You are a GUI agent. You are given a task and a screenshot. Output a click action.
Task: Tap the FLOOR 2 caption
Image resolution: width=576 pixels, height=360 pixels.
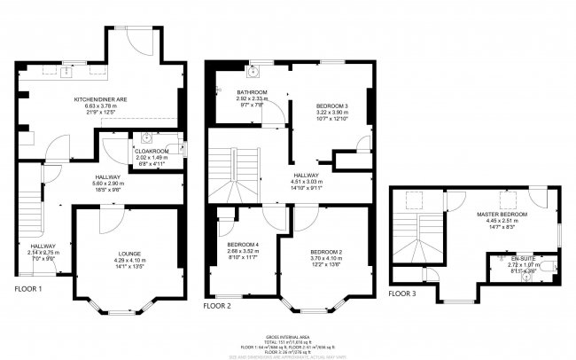[218, 306]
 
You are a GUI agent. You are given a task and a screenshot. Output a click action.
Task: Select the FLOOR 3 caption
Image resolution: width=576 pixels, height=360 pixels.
[405, 293]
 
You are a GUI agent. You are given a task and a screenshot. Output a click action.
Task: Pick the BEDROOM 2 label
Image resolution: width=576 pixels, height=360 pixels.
[326, 252]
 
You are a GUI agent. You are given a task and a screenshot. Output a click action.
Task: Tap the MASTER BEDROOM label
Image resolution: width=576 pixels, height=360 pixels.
[502, 215]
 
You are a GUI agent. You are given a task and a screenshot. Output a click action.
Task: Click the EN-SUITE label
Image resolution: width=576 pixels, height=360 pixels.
[507, 257]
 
